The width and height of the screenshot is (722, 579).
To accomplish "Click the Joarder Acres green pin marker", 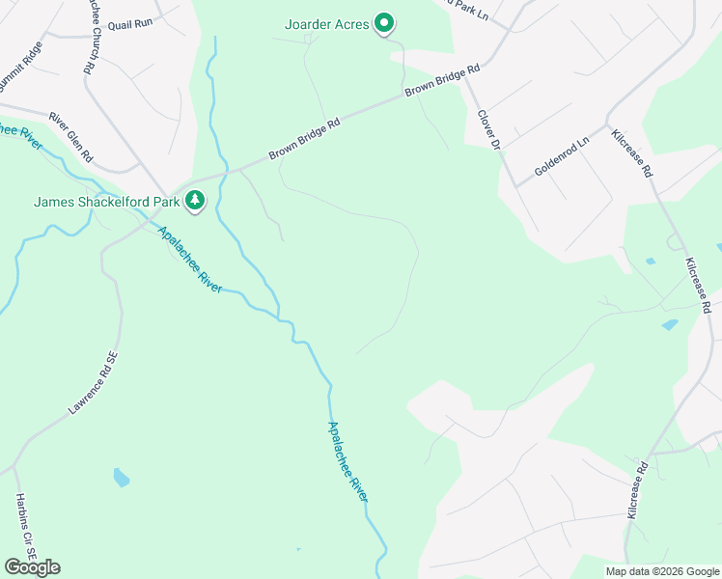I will [384, 23].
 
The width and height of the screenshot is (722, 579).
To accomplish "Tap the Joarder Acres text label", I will [327, 24].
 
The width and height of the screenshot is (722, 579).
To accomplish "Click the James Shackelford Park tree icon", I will [196, 201].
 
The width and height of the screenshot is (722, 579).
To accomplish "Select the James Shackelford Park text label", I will [106, 202].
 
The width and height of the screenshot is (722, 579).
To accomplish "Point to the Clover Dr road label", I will [490, 128].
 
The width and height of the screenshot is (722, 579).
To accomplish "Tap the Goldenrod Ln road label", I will [562, 158].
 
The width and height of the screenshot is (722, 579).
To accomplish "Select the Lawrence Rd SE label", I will [93, 383].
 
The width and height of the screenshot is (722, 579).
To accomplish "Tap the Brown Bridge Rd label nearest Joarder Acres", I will [442, 81].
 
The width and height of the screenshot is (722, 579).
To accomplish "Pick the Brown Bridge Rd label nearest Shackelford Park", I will [305, 140].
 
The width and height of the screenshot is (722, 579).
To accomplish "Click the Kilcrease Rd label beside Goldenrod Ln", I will [633, 152].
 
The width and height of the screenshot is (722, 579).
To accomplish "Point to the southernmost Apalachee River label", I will [347, 461].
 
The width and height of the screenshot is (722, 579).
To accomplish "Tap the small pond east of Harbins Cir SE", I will [121, 477].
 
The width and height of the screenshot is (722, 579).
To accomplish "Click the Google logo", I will [32, 566].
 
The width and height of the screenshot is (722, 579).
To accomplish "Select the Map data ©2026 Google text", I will [661, 571].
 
